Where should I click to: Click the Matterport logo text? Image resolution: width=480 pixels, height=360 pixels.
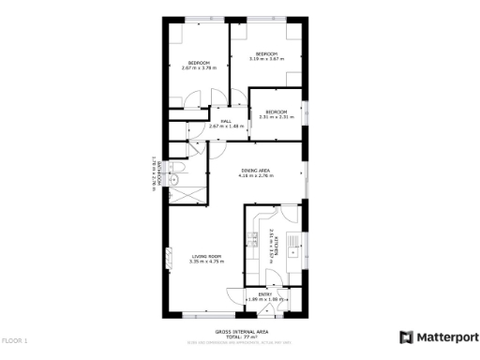[x=446, y=337]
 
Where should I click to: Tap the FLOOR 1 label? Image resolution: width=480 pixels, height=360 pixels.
[x=15, y=340]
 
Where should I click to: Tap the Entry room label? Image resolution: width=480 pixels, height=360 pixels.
[x=265, y=294]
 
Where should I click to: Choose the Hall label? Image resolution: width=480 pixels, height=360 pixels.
[x=226, y=122]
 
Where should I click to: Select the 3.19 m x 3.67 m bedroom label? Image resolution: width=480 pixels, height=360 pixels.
[x=266, y=54]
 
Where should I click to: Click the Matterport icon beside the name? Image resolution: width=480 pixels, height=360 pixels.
[x=405, y=337]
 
